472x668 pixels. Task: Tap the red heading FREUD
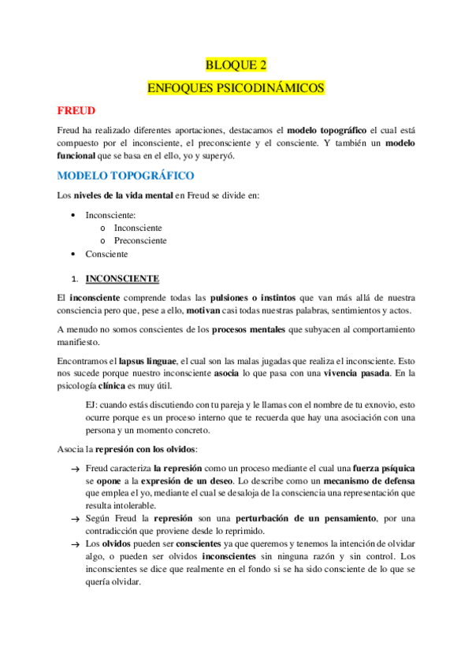tap(76, 110)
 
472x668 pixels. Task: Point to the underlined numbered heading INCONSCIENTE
tap(122, 279)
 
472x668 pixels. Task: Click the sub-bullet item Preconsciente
tap(140, 240)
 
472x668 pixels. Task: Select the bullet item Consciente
tap(106, 254)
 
